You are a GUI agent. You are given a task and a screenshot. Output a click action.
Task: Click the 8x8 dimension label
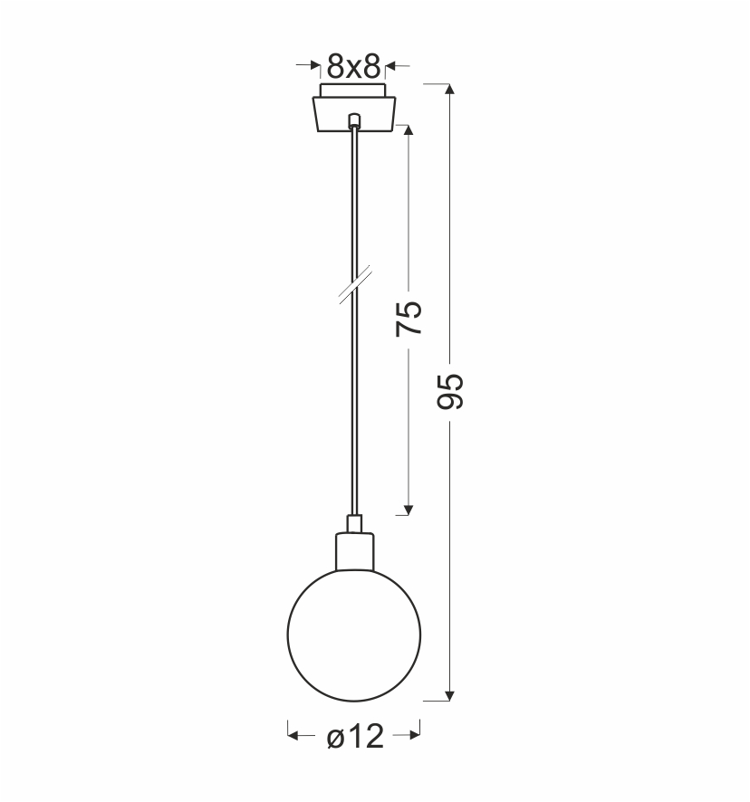[354, 66]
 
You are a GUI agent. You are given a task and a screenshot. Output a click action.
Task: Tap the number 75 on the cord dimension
[409, 318]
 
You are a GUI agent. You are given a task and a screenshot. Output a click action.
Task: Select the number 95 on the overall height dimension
[450, 391]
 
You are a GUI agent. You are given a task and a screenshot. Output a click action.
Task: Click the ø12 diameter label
[355, 737]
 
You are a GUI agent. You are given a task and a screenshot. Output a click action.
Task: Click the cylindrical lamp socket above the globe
[354, 551]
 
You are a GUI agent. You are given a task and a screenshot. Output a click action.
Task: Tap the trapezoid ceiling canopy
[354, 114]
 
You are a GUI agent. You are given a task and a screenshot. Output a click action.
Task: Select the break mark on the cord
[355, 284]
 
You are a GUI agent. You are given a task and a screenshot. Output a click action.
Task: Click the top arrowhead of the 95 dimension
[449, 89]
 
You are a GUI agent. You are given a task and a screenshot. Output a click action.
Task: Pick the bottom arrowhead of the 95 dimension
[449, 695]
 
